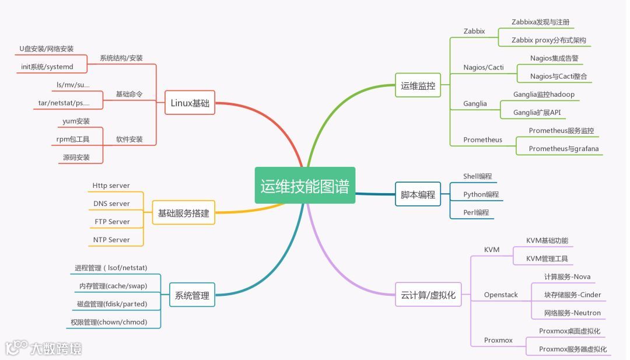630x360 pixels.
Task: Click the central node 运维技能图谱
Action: point(305,186)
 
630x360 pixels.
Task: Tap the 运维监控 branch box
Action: point(418,86)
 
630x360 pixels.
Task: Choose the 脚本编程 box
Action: point(418,194)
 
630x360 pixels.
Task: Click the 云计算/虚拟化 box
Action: point(425,295)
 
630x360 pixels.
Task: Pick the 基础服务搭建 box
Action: point(183,213)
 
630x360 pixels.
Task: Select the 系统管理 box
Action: point(192,295)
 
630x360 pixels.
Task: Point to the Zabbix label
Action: point(474,31)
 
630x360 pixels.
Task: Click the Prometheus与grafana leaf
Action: point(563,149)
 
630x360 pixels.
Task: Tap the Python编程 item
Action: point(481,194)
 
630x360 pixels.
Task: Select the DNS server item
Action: point(111,204)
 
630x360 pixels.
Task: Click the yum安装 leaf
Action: point(76,121)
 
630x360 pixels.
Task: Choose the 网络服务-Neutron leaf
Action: point(572,313)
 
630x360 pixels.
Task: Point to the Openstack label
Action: point(501,295)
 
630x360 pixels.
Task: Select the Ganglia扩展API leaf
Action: point(540,113)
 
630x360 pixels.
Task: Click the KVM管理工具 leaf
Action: point(547,258)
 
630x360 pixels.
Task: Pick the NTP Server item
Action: point(111,240)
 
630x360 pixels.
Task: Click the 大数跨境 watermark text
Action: point(56,349)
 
